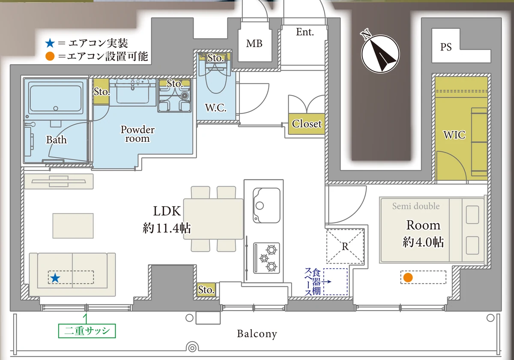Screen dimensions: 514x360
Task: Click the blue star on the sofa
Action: tap(55, 278)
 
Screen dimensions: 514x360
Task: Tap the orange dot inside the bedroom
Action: tap(408, 277)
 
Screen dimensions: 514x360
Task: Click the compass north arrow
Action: tap(380, 54)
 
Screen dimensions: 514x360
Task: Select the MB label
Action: tap(254, 43)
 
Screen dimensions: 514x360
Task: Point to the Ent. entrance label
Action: tap(305, 32)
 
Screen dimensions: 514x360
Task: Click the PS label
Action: tap(446, 47)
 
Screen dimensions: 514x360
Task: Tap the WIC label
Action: tap(454, 135)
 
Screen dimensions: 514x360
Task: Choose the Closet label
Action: tap(307, 124)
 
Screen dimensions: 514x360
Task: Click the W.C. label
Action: tap(216, 108)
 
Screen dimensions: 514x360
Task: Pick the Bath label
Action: tap(57, 140)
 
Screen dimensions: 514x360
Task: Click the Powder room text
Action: tap(137, 134)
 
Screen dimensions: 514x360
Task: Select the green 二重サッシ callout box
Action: tap(87, 331)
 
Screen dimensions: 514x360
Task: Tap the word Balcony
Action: tap(257, 334)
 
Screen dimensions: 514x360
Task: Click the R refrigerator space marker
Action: tap(345, 246)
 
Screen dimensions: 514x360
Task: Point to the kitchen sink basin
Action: tap(266, 205)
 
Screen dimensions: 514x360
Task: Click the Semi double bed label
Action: tap(416, 206)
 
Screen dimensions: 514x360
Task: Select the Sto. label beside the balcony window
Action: tap(206, 290)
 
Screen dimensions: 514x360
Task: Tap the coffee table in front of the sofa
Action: tap(73, 226)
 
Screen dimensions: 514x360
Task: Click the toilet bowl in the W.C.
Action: tap(216, 81)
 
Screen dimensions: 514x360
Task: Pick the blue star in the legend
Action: tap(50, 43)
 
